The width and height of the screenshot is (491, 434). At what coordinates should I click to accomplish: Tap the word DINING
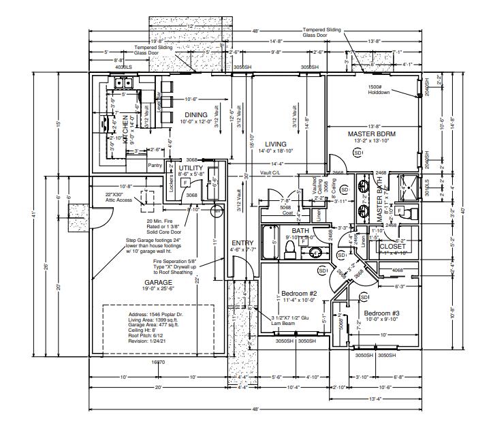click(196, 114)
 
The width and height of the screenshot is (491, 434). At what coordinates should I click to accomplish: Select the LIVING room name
click(276, 144)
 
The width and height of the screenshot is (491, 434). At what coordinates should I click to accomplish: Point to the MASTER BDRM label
click(371, 134)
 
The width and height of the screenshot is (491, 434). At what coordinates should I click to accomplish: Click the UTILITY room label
click(191, 167)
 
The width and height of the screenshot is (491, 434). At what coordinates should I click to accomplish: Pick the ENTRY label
click(242, 243)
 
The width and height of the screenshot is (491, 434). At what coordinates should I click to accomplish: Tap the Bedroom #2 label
click(296, 294)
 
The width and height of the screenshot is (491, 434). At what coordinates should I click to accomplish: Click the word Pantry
click(155, 165)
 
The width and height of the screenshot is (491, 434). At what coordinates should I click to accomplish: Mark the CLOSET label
click(392, 247)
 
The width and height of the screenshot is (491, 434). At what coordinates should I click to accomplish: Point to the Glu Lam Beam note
click(291, 322)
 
